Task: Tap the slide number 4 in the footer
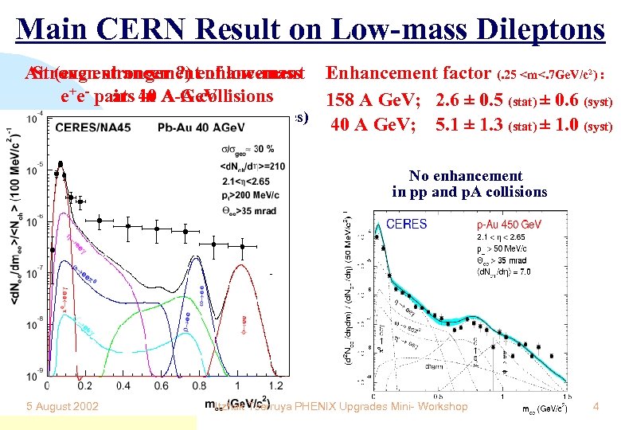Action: [x=596, y=407]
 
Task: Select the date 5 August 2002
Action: [x=61, y=407]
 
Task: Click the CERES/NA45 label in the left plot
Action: [x=88, y=126]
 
